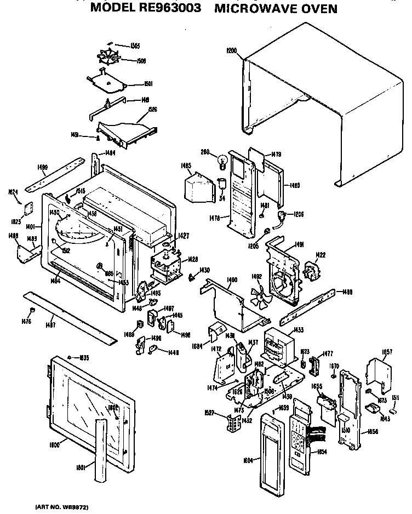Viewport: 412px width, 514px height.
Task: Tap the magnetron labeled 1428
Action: (x=163, y=266)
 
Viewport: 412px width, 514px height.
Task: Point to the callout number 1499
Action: (x=42, y=167)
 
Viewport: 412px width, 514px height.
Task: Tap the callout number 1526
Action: (x=153, y=110)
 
